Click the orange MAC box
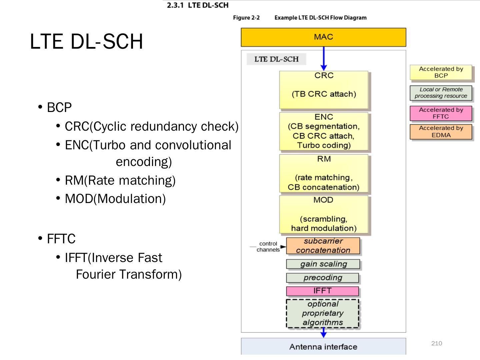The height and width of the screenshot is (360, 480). (x=323, y=37)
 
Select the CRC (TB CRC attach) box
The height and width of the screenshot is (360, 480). (x=324, y=90)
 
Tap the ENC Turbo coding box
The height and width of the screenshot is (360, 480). (x=324, y=131)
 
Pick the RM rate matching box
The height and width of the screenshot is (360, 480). (x=324, y=173)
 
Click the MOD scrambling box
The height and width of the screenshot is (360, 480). (x=324, y=214)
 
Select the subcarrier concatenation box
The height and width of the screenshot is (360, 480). (x=323, y=246)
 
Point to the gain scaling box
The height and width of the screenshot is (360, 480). (x=323, y=264)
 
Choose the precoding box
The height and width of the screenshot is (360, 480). (x=322, y=278)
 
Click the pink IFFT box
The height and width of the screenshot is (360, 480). (x=322, y=291)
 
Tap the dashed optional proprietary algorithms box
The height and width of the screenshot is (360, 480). (x=322, y=313)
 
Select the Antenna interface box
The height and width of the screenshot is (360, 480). (x=323, y=347)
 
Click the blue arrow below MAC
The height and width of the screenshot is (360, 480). (x=324, y=58)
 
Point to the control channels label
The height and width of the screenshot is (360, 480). (x=268, y=247)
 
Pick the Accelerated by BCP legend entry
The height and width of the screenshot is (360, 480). (x=441, y=72)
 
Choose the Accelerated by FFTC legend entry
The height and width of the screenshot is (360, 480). (x=441, y=113)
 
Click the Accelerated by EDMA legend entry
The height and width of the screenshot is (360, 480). (x=441, y=132)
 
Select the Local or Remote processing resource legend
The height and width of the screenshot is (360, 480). (x=441, y=93)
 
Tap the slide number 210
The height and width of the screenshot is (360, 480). (x=436, y=343)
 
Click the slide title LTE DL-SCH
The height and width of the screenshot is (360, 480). (x=86, y=41)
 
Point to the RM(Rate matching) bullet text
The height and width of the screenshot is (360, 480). (x=120, y=180)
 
